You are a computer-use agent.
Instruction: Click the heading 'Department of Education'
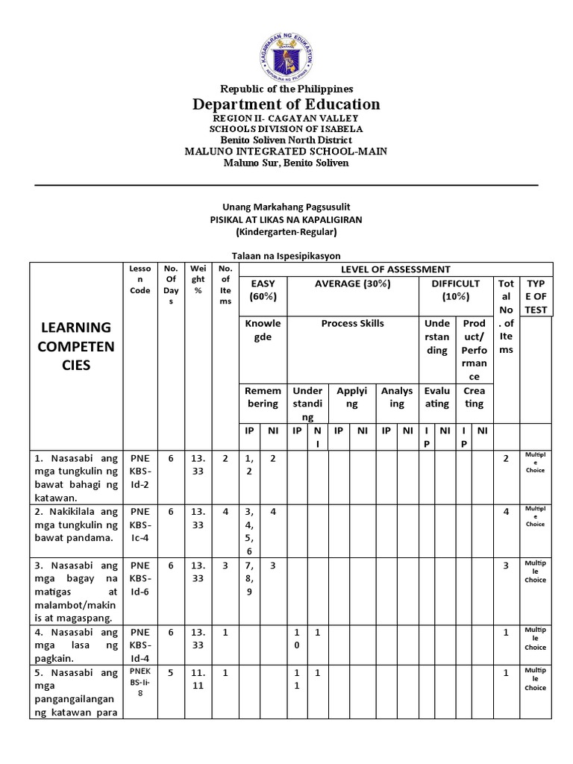(286, 104)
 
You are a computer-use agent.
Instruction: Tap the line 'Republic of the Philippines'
(286, 88)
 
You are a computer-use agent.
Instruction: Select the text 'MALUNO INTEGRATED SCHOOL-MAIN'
(286, 151)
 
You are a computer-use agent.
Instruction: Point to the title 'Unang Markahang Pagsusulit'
(286, 207)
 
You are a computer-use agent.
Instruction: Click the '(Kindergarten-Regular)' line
(286, 232)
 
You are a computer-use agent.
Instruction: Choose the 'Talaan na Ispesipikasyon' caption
(286, 256)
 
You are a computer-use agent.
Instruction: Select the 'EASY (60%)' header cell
(263, 289)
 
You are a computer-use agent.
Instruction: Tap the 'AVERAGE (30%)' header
(352, 284)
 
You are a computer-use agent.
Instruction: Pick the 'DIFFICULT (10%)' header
(455, 289)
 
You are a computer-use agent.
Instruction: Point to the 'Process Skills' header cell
(352, 323)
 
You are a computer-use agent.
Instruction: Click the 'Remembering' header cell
(263, 397)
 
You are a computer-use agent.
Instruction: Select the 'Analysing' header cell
(396, 397)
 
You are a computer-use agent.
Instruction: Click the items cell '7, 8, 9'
(248, 580)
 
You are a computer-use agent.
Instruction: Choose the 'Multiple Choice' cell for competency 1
(535, 463)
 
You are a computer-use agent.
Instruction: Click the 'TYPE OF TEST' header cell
(536, 296)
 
